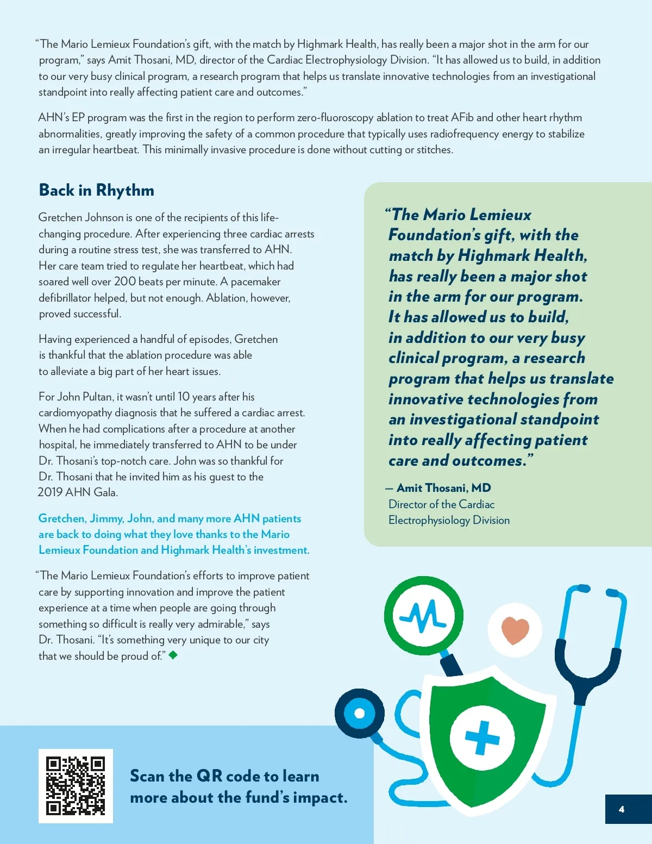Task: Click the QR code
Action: tap(76, 786)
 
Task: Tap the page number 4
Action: tap(622, 809)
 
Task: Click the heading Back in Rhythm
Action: tap(97, 190)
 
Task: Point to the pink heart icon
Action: tap(515, 630)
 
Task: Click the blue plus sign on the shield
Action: tap(482, 737)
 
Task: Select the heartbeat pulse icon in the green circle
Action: tap(423, 616)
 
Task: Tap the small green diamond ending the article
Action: tap(173, 655)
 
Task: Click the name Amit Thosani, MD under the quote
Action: tap(443, 488)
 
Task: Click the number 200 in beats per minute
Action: tap(124, 282)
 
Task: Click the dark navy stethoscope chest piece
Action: tap(359, 713)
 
